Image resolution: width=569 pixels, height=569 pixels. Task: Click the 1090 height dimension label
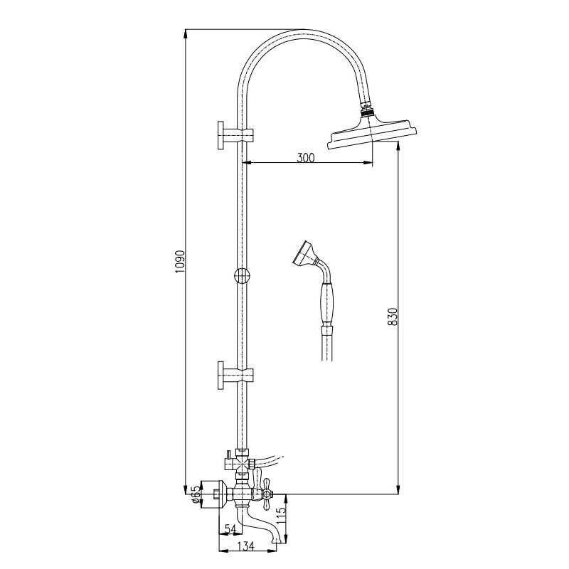coord(181,262)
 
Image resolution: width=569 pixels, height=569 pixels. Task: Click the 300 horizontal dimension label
coord(306,158)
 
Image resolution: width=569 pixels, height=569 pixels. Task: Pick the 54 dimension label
coord(230,529)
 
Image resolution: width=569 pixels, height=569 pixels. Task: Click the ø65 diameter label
coord(196,494)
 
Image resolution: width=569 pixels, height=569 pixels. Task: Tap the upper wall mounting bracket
coord(235,135)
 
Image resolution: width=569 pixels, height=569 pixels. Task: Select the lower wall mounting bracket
coord(235,376)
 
